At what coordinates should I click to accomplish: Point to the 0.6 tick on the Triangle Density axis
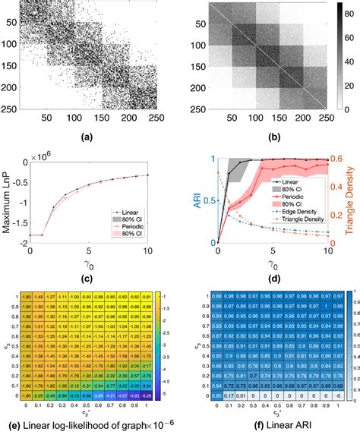[x=339, y=159]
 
